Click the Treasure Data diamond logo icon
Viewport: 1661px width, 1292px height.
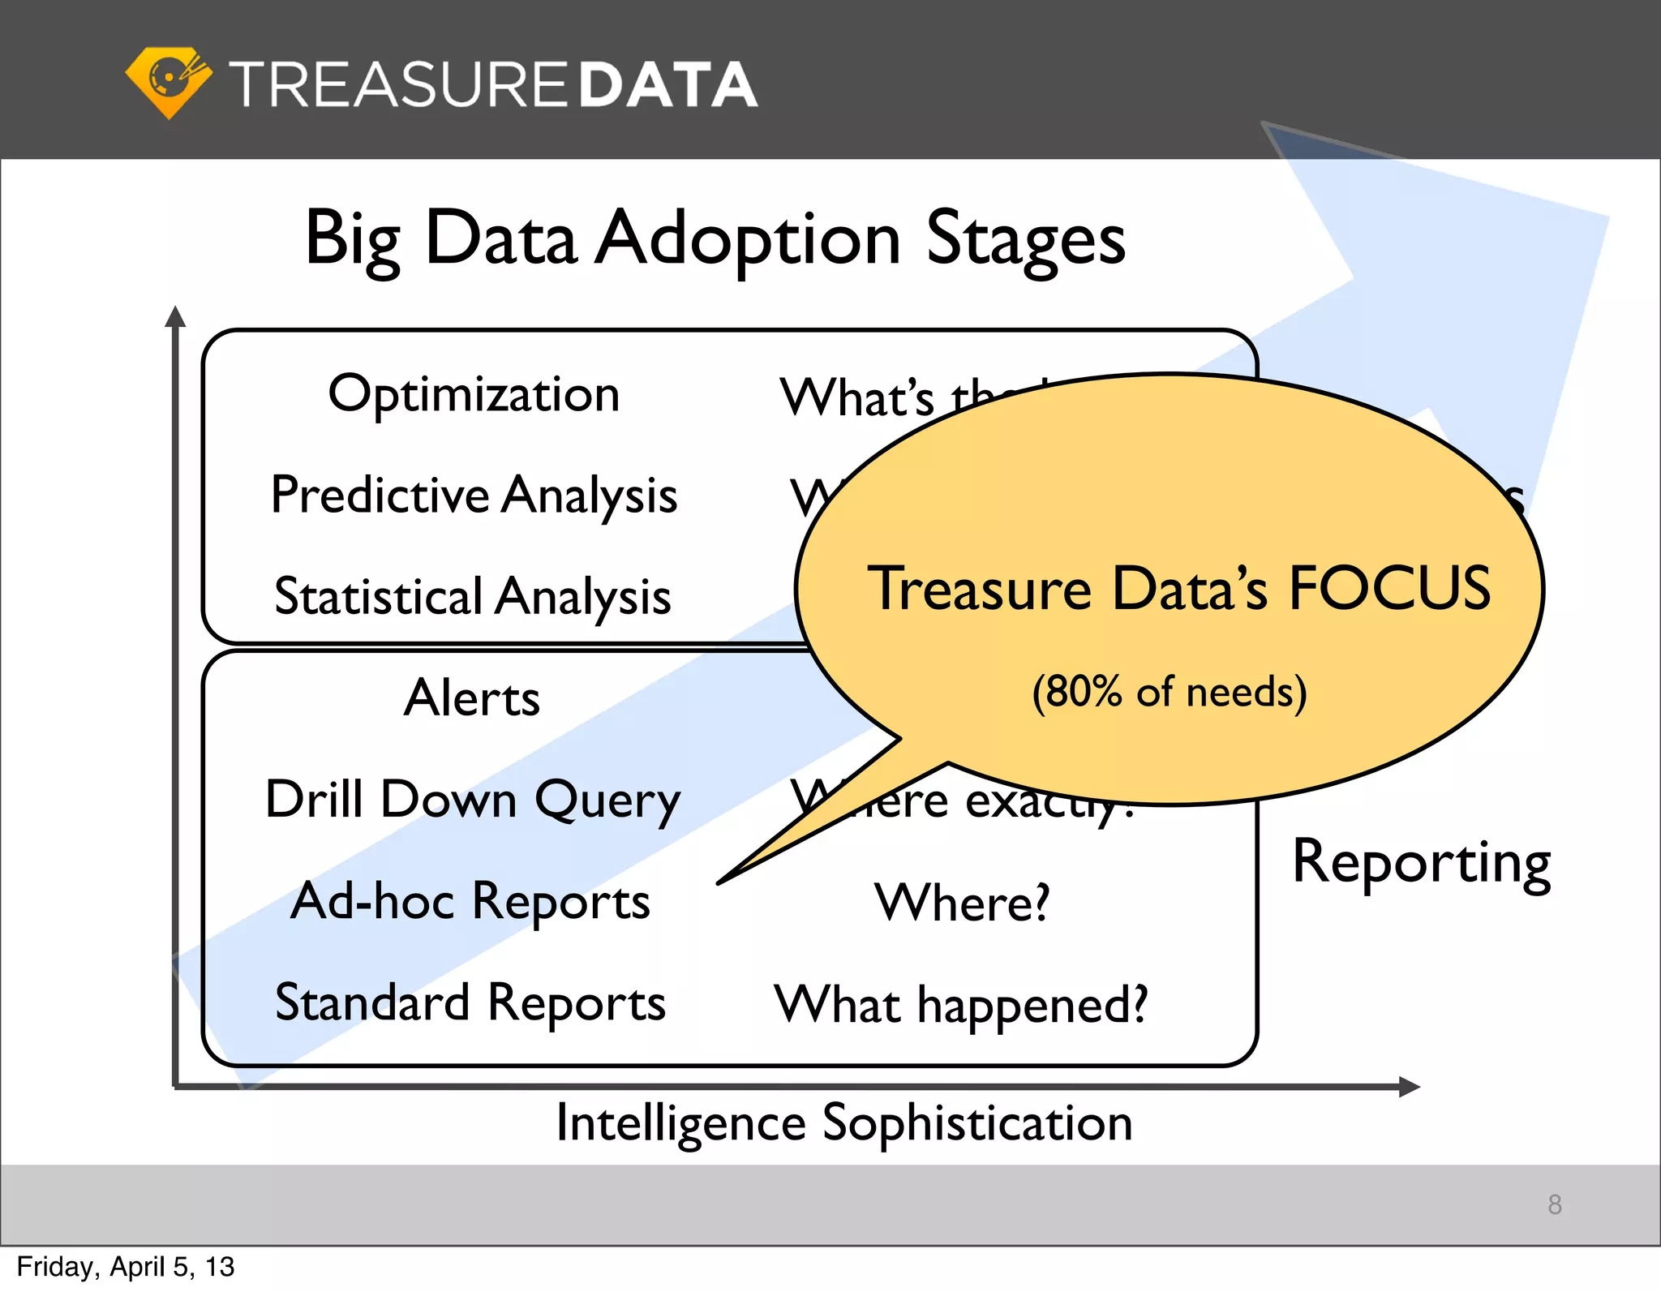click(x=169, y=82)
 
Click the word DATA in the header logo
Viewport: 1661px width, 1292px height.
click(x=667, y=84)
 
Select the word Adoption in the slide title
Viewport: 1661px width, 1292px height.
click(x=747, y=238)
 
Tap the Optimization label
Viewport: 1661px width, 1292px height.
click(x=474, y=395)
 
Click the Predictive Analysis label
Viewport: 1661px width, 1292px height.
click(x=474, y=496)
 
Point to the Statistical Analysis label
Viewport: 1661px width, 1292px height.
click(x=473, y=597)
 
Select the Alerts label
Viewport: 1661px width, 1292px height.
click(x=471, y=698)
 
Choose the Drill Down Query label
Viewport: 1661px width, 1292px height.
click(x=473, y=801)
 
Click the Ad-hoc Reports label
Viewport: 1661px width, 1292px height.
click(x=470, y=902)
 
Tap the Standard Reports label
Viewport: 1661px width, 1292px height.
click(x=470, y=1003)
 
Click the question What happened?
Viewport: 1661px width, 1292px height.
click(x=961, y=1005)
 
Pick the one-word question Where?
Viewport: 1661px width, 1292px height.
click(x=962, y=903)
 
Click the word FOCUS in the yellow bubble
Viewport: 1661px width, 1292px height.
click(x=1389, y=588)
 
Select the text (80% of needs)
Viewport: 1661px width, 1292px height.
click(x=1169, y=692)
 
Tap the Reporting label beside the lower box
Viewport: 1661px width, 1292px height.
click(x=1421, y=862)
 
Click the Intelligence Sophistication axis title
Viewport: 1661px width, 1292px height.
click(x=843, y=1124)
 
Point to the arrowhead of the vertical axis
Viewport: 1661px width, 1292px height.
click(x=175, y=316)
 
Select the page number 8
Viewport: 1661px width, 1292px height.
click(x=1554, y=1204)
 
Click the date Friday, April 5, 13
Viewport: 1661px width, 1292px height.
click(x=126, y=1267)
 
